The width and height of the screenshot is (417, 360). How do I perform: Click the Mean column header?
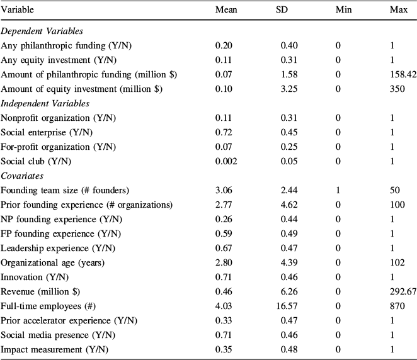click(226, 11)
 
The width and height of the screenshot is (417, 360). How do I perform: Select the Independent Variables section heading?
click(45, 103)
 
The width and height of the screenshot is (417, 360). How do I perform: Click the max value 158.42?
click(404, 74)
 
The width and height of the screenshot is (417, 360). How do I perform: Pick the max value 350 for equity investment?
click(397, 89)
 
